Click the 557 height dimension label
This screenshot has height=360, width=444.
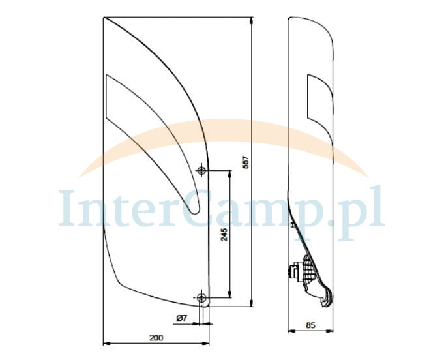(246, 162)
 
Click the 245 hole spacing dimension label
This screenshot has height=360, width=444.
(224, 234)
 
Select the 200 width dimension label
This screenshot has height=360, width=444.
(156, 338)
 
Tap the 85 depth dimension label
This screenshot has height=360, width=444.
(310, 325)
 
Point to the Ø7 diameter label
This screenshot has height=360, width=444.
(181, 318)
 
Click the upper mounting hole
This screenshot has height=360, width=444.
(201, 170)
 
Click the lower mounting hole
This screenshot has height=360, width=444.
(201, 297)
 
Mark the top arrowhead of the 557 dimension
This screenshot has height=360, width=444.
(252, 20)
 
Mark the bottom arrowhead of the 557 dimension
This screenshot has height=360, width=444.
(252, 303)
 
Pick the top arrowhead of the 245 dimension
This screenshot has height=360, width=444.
(230, 174)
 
